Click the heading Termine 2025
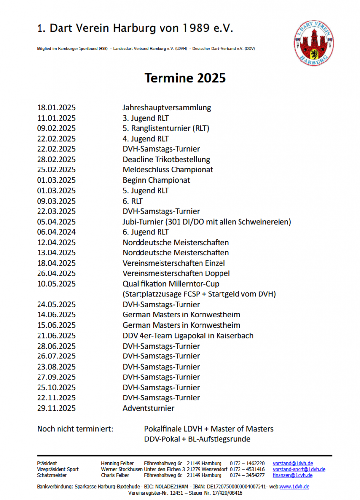point(185,78)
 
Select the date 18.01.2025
point(56,108)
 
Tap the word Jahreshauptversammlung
point(167,108)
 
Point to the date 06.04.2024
point(56,232)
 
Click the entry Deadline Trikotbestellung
point(166,160)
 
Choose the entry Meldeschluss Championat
point(168,170)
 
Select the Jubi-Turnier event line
point(207,222)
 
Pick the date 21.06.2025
point(56,335)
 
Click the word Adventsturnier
point(148,408)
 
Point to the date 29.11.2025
point(56,408)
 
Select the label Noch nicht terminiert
point(75,429)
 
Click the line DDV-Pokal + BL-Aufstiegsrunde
point(197,439)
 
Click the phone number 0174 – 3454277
point(247,475)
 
